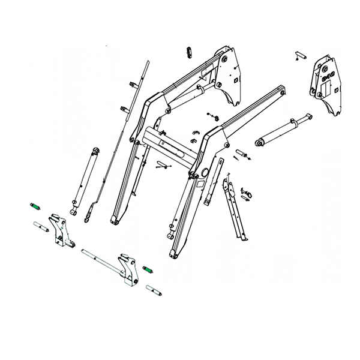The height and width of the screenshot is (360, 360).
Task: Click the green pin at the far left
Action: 35,207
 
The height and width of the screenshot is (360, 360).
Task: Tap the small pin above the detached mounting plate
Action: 299,56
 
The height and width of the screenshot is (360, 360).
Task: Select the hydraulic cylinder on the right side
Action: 283,130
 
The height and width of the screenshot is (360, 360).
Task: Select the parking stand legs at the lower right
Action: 236,210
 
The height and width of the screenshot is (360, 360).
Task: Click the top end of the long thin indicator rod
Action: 148,62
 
